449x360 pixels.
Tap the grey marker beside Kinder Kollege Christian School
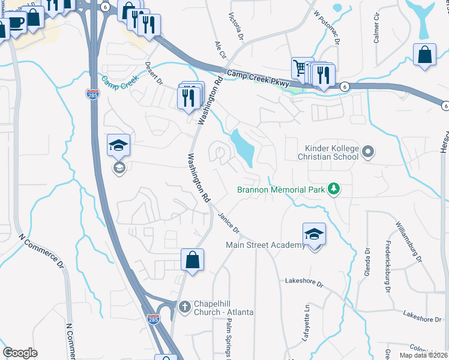369,152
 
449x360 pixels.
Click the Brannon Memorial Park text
280,190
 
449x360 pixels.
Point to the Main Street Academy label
265,245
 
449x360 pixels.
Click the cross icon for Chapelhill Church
185,306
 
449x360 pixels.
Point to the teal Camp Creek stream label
120,79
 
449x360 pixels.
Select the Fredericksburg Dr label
388,267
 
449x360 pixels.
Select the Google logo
20,353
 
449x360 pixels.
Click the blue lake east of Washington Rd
244,147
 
